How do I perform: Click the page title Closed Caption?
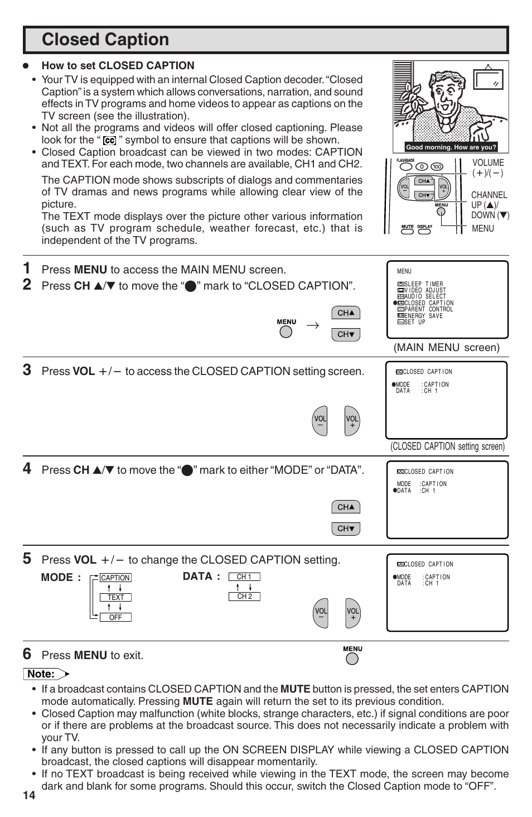[x=105, y=40]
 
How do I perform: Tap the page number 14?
[x=29, y=795]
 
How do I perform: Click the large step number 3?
[x=27, y=370]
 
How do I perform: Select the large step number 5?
[x=27, y=559]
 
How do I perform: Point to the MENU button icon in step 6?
[x=352, y=659]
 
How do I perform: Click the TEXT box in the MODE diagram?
[x=115, y=597]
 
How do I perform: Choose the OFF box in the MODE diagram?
[x=115, y=617]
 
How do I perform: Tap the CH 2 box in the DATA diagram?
[x=244, y=597]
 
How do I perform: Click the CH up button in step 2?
[x=346, y=313]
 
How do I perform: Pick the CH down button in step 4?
[x=346, y=528]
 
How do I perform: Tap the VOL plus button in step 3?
[x=352, y=421]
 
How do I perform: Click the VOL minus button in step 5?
[x=321, y=613]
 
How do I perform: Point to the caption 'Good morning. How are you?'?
[x=451, y=147]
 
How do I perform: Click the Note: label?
[x=41, y=674]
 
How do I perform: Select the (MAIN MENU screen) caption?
[x=447, y=348]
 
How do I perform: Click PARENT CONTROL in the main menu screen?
[x=428, y=309]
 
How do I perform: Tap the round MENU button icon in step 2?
[x=286, y=331]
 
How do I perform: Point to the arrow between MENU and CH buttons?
[x=313, y=325]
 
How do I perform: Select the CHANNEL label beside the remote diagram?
[x=489, y=195]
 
